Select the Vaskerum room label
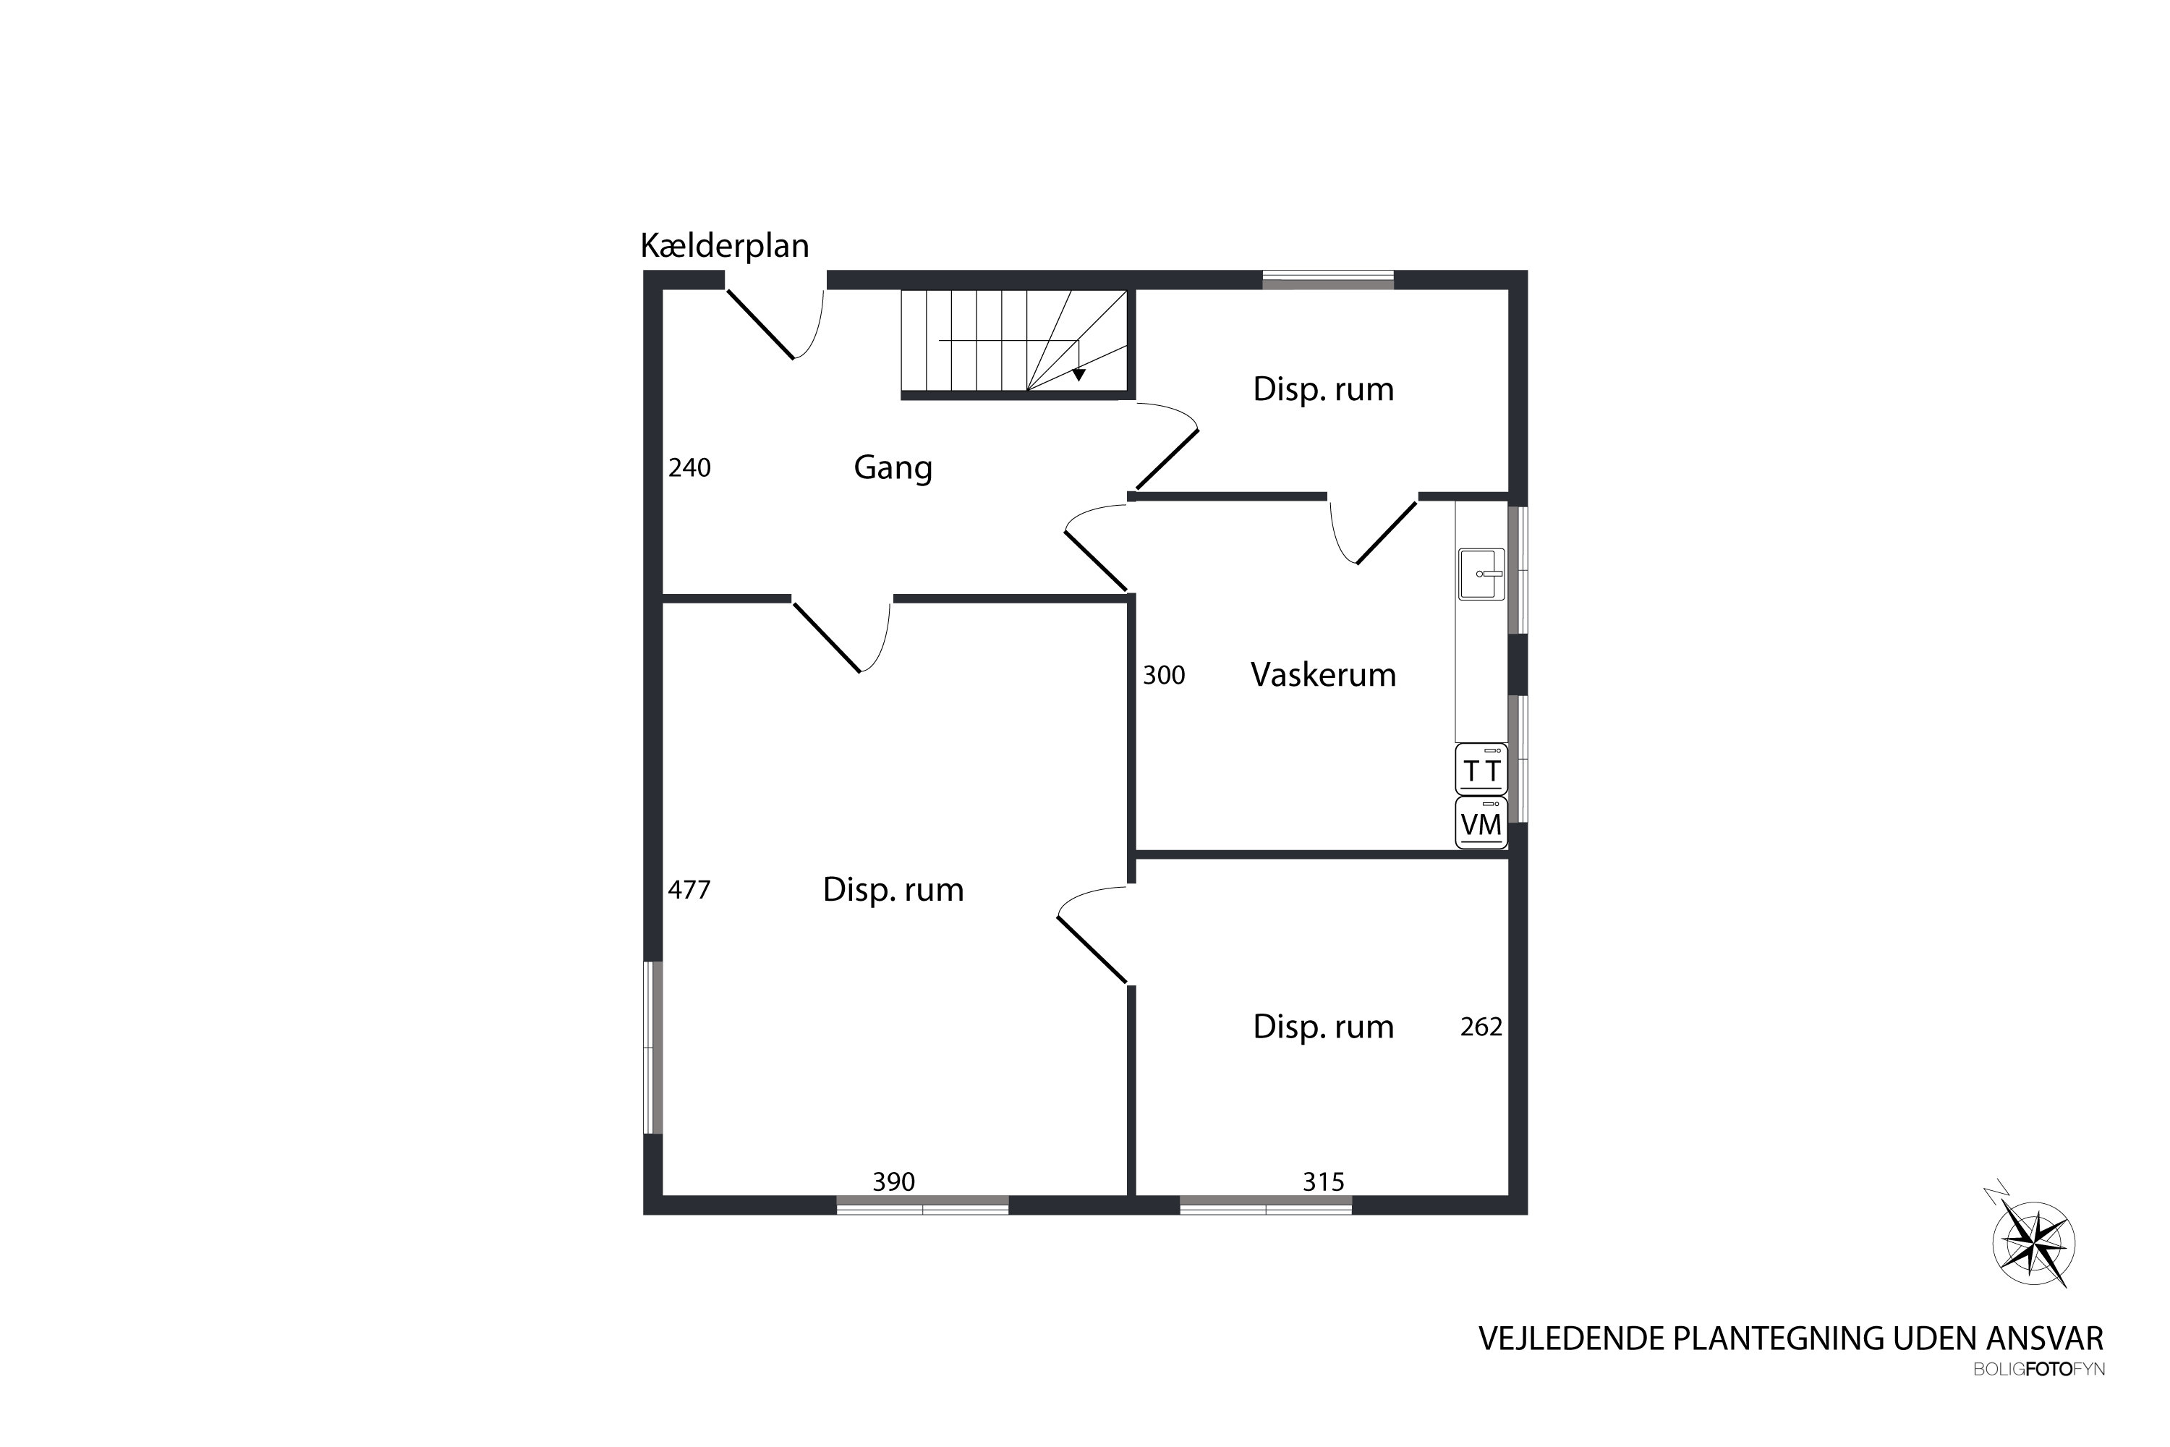pos(1322,674)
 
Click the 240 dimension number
pos(689,468)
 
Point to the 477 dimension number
pos(689,890)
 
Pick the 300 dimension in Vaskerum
pos(1163,676)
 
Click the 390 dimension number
pos(893,1181)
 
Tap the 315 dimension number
pos(1323,1181)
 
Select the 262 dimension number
pos(1481,1027)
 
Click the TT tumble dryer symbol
pos(1481,770)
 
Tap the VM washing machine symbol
pos(1481,823)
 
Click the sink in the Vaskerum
pos(1481,574)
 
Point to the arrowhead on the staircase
pos(1078,375)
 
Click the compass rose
pos(2033,1244)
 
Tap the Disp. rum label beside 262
pos(1322,1027)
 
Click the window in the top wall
pos(1327,279)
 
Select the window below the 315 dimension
pos(1265,1205)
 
